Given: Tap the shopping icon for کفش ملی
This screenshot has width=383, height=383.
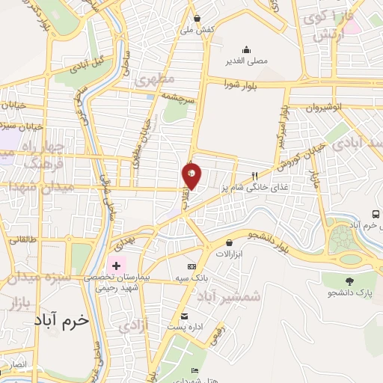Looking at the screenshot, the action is coord(197,18).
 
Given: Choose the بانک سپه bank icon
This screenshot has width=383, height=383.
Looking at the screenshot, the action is coord(191,266).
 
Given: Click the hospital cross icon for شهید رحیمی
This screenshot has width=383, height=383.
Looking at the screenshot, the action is coord(116,266).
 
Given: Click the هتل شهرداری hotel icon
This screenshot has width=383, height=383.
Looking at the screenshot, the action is coord(195,371).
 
